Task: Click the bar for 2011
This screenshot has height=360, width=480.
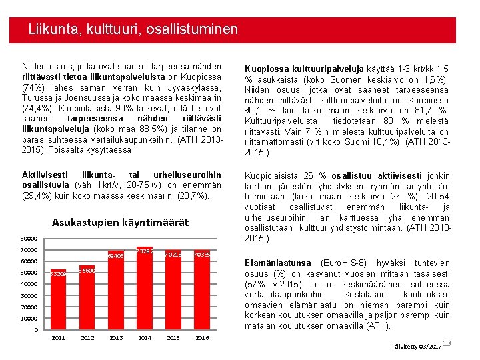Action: (59, 300)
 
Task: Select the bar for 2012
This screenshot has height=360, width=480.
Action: (87, 297)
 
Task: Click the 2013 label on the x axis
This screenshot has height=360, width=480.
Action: (115, 338)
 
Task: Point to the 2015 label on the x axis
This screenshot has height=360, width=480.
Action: (173, 338)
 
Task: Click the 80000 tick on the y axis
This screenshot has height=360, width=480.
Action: (29, 239)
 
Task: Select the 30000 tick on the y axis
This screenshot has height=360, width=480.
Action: (29, 296)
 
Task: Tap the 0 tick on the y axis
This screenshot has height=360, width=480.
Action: (36, 330)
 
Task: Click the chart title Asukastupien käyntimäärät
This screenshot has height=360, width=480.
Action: (120, 222)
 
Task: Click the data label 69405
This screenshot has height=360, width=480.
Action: (115, 255)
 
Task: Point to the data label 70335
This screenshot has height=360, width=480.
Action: (201, 255)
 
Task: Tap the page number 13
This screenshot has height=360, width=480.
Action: (447, 343)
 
